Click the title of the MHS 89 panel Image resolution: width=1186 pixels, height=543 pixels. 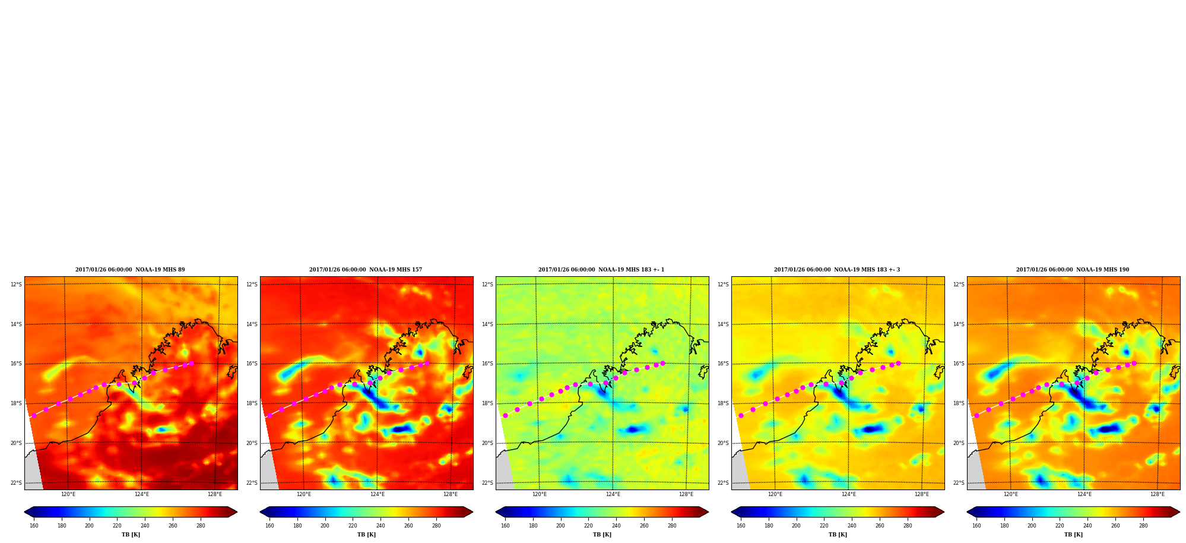(130, 270)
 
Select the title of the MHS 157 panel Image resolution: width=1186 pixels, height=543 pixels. (366, 270)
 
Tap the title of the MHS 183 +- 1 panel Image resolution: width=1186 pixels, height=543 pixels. (601, 270)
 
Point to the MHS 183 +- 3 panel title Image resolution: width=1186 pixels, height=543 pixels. (837, 270)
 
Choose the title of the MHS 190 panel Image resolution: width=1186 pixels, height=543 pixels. (1073, 270)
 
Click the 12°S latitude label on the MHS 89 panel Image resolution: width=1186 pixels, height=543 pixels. (16, 285)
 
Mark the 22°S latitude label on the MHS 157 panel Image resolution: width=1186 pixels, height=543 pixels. (252, 483)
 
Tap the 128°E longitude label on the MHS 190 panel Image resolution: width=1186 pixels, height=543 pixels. (1158, 494)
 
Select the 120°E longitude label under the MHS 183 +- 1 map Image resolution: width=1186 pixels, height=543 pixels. (540, 494)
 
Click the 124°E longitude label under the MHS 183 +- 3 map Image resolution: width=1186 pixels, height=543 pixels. (849, 494)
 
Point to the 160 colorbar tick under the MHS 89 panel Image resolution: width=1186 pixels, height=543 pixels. (34, 526)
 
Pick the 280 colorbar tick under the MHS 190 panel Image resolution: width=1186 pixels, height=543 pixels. (1143, 526)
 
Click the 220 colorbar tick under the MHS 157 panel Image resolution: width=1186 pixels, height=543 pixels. (353, 526)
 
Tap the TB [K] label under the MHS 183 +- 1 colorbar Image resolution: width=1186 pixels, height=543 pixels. (602, 535)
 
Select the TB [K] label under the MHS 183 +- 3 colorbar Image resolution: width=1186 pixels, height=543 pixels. (838, 535)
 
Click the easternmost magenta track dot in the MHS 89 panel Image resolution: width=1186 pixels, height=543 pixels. (191, 363)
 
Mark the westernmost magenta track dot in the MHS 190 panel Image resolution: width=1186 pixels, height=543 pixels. (976, 415)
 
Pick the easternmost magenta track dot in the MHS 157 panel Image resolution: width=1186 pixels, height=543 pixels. (427, 363)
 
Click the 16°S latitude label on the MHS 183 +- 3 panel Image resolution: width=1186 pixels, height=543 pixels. (723, 364)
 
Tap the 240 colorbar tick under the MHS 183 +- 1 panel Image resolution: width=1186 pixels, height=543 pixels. (616, 526)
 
